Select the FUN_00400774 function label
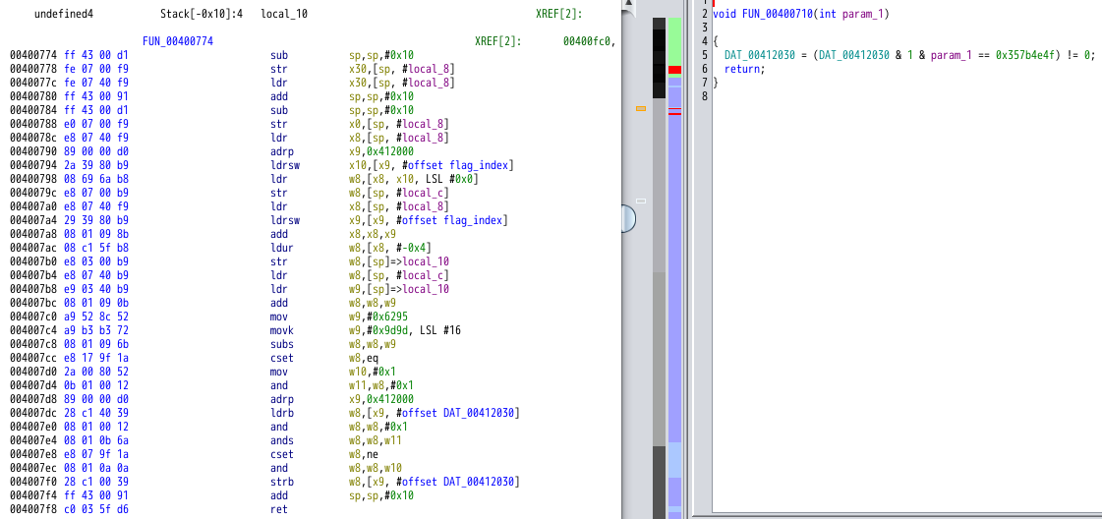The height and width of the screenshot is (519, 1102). [178, 41]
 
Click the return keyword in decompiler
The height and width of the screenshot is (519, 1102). [741, 69]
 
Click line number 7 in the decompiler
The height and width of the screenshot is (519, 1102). [705, 83]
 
